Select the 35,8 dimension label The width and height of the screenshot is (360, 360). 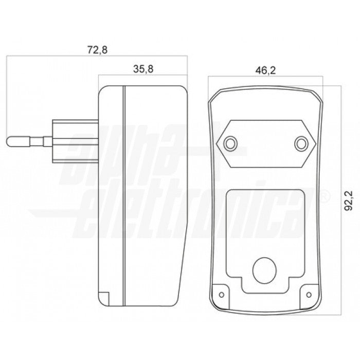142,69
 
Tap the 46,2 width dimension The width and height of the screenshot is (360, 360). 265,70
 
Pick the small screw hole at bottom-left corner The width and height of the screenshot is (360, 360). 221,295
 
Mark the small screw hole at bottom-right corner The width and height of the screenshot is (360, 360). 309,295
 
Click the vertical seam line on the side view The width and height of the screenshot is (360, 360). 124,195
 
